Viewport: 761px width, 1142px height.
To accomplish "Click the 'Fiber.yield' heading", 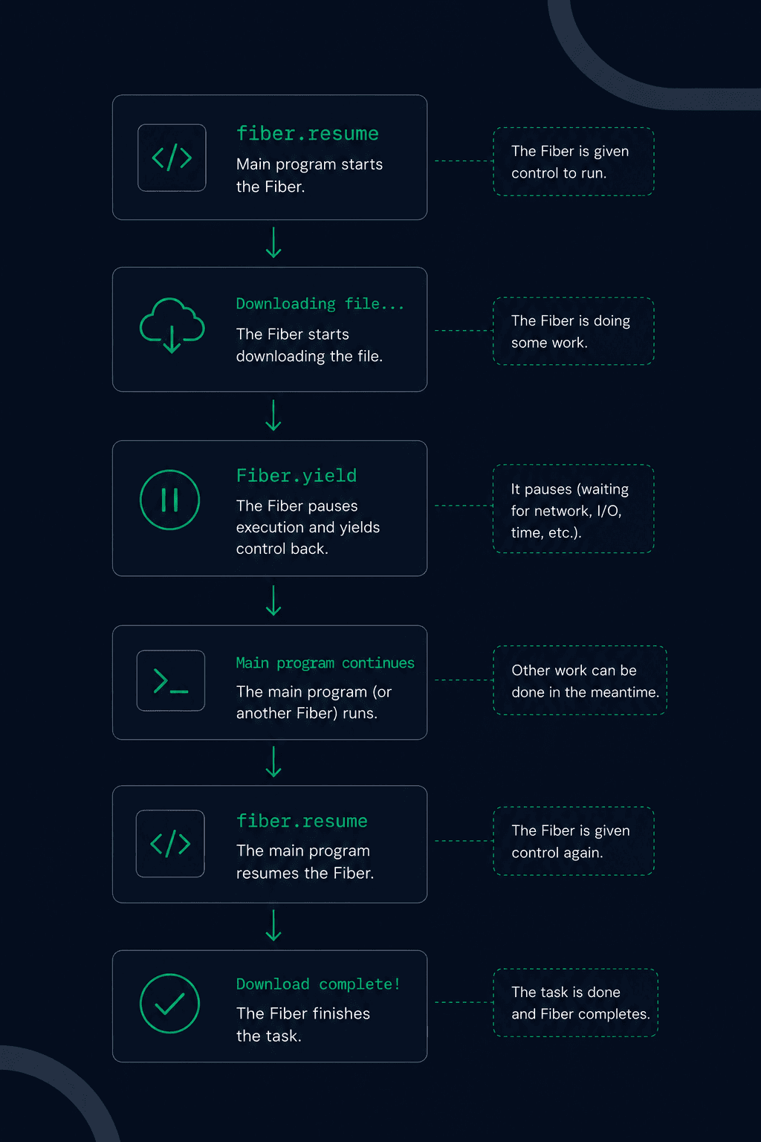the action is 296,476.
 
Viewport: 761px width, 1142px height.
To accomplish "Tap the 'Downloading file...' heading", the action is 320,304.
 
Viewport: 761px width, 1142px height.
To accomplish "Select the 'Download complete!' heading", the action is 318,984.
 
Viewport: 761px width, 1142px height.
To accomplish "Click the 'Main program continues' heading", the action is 326,662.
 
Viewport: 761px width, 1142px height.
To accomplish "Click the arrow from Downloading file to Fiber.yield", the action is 273,415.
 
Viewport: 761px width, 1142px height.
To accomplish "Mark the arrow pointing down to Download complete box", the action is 273,925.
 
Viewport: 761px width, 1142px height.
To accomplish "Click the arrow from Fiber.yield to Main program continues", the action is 273,600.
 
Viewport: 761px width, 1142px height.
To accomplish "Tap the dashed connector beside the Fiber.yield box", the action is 464,506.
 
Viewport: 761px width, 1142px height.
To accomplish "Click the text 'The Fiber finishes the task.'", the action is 302,1025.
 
